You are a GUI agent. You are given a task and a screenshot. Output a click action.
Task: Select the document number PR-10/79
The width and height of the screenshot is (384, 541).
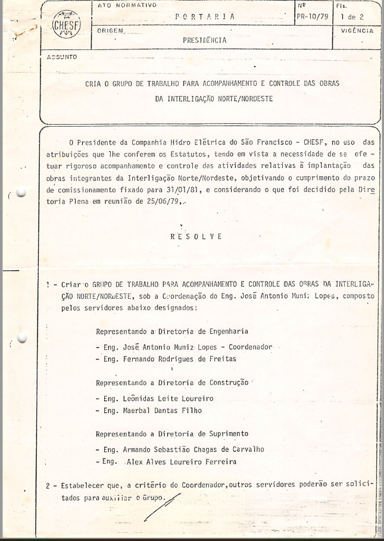click(311, 17)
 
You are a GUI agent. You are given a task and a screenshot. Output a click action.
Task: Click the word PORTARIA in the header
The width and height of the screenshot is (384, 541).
click(204, 17)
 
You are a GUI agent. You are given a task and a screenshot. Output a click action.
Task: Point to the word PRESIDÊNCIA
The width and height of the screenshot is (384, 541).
click(205, 40)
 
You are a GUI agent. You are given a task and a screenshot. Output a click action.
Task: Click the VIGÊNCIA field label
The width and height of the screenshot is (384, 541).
click(358, 30)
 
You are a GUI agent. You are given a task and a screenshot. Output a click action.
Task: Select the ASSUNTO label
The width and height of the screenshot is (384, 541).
click(62, 57)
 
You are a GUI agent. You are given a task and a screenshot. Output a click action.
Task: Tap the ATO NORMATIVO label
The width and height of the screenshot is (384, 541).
click(126, 5)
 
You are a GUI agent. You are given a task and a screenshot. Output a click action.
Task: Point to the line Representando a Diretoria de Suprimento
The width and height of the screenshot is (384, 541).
click(172, 433)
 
